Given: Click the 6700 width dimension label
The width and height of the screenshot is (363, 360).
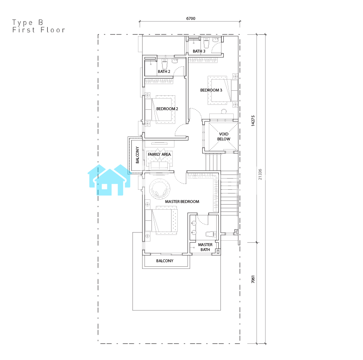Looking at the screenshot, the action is (191, 19).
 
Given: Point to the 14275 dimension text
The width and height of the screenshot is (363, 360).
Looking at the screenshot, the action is (253, 121).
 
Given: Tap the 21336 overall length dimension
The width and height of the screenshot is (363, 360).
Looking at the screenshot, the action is (260, 174).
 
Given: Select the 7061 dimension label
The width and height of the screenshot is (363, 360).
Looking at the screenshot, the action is (253, 279).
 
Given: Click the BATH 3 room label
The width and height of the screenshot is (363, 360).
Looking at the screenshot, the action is (199, 51).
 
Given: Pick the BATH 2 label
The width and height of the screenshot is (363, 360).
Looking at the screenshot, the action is (164, 72).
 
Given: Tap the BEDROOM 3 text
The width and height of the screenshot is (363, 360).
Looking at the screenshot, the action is (211, 90).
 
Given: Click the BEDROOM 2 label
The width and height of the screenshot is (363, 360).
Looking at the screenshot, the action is (167, 109).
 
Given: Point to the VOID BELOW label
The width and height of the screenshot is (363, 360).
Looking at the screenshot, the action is (224, 137).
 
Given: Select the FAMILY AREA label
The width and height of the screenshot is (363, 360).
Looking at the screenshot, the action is (159, 155).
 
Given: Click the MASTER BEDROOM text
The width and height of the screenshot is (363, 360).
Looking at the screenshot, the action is (182, 202).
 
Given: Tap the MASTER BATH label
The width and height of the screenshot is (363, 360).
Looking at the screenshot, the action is (205, 247).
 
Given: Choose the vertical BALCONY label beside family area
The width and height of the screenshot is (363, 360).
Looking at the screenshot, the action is (138, 155).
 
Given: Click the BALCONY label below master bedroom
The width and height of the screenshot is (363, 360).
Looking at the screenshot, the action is (165, 261).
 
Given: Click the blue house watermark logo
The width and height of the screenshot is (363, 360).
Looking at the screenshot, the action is (109, 180).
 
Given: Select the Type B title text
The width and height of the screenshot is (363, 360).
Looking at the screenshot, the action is (28, 23).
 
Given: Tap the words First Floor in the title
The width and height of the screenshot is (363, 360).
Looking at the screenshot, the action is (39, 30).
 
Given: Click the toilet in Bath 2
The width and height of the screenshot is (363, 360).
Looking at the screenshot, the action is (165, 64).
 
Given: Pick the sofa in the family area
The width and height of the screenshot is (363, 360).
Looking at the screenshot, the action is (159, 166).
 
